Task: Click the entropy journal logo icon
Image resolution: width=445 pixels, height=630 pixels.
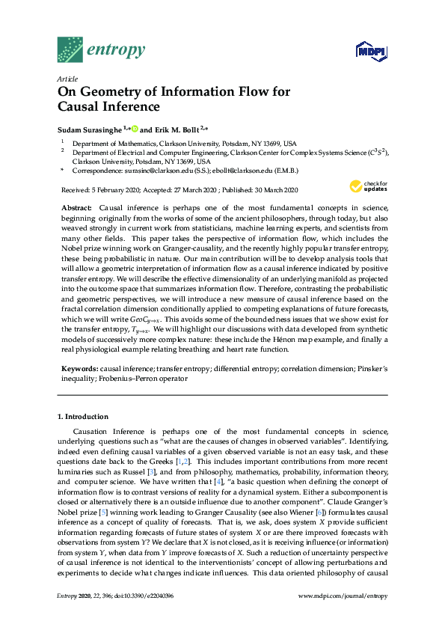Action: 71,49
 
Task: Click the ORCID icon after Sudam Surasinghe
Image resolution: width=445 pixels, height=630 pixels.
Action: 135,129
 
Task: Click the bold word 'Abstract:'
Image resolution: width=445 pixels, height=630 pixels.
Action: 76,207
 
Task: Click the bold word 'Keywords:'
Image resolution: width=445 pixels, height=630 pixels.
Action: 79,369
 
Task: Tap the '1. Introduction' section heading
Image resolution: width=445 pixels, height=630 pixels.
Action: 82,416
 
